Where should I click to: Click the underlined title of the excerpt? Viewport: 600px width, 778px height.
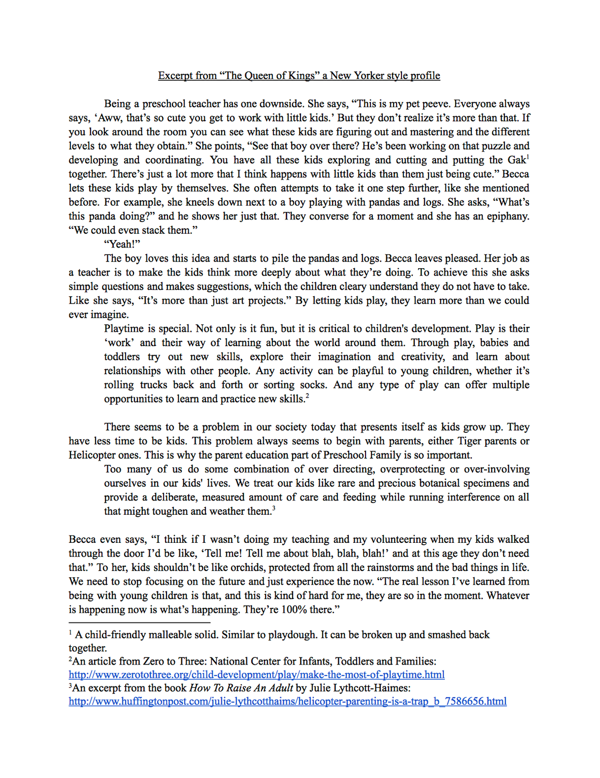click(x=299, y=76)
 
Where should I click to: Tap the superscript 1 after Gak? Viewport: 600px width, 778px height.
click(x=528, y=157)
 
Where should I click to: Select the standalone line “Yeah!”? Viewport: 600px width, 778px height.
click(x=122, y=244)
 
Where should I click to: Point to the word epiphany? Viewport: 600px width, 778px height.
click(x=506, y=216)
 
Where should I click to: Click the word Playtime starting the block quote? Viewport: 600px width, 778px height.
click(x=124, y=329)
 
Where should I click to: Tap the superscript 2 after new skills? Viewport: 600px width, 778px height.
click(x=307, y=396)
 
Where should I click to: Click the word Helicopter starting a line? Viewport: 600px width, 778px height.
click(x=92, y=455)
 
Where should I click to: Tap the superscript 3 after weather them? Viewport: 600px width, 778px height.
click(x=273, y=508)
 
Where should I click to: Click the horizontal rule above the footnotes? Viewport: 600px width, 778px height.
click(x=139, y=623)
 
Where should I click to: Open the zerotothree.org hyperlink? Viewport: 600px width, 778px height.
click(x=256, y=675)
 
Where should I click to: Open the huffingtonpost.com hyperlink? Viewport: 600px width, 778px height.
click(x=287, y=701)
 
